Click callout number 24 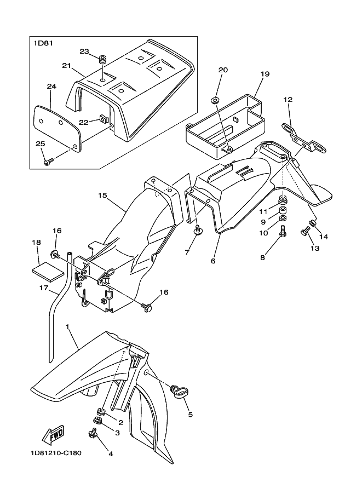point(51,87)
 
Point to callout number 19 point(265,73)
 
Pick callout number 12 point(288,99)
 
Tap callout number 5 point(190,415)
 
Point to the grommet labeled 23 point(102,59)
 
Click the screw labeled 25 point(47,162)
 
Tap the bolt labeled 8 point(283,234)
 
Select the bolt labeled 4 point(93,435)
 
